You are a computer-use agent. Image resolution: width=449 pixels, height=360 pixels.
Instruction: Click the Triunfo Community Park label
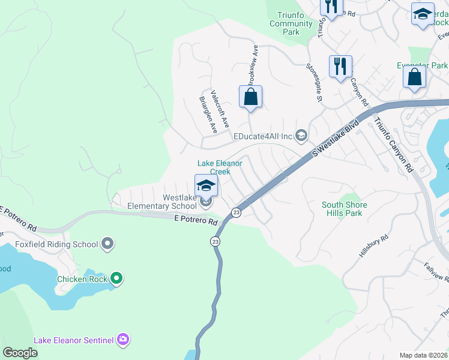291,23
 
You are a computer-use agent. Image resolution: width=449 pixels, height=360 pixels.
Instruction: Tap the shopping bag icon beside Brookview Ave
251,97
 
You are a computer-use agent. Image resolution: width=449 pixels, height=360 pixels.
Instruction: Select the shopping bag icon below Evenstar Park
414,77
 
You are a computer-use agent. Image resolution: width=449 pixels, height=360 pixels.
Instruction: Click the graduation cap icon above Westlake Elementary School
205,185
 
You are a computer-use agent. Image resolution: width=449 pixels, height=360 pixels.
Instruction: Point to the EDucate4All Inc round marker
301,136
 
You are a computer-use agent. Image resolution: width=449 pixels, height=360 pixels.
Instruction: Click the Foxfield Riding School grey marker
107,244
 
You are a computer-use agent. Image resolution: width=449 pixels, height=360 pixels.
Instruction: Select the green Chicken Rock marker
116,278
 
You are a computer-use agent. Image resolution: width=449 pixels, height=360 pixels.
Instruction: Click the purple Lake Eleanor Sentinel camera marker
124,340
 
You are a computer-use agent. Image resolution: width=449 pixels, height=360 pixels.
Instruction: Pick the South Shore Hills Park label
344,209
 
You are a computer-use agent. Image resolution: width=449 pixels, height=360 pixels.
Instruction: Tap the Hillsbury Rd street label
374,246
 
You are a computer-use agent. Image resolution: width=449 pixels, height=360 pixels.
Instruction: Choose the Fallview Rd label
436,272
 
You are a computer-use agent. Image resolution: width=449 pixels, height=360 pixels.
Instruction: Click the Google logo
20,353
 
